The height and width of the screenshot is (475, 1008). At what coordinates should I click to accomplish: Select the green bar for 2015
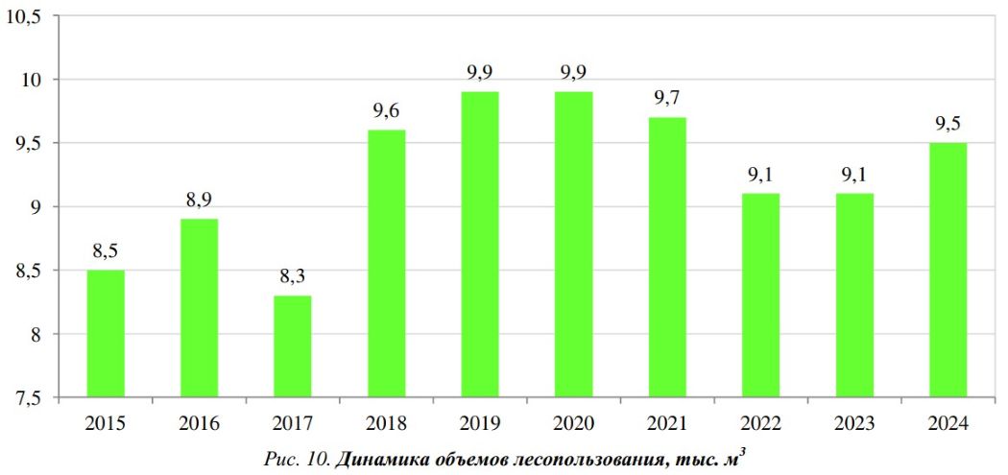(x=106, y=334)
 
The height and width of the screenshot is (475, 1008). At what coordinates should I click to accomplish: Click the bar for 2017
(x=293, y=346)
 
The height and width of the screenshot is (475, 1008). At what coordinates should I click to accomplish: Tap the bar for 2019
(x=480, y=245)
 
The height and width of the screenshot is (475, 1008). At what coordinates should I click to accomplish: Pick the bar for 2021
(x=667, y=257)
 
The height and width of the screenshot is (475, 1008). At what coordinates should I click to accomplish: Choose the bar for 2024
(x=948, y=270)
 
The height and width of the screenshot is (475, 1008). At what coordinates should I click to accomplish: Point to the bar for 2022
(x=760, y=296)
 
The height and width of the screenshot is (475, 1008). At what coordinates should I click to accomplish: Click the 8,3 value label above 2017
(x=293, y=277)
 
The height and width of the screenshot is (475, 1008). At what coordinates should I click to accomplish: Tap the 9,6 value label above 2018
(x=386, y=111)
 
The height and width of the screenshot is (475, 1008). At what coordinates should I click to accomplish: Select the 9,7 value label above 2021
(x=667, y=99)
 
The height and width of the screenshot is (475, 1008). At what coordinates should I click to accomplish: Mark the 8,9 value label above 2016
(x=199, y=201)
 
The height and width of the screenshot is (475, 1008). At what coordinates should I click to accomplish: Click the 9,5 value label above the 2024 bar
(x=948, y=124)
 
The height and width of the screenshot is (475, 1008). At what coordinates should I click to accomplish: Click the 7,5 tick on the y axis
(x=30, y=398)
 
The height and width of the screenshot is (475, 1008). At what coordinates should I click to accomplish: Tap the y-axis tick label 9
(x=42, y=207)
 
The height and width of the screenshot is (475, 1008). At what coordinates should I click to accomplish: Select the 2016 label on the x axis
(x=199, y=423)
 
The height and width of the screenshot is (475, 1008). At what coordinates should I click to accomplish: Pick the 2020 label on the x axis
(x=573, y=423)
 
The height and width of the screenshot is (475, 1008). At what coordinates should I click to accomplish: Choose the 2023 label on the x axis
(x=853, y=423)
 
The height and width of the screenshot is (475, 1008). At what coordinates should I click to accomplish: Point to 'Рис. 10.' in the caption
(x=297, y=460)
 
